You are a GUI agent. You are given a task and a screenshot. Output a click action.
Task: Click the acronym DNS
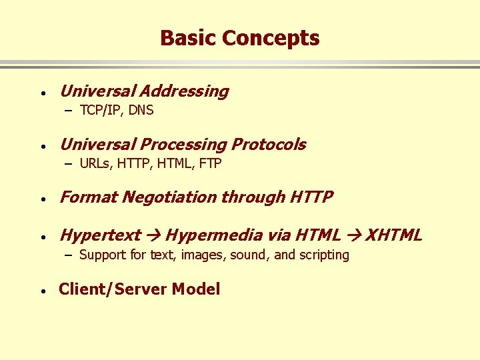tap(141, 111)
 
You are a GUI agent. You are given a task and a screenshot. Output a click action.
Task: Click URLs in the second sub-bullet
tap(96, 164)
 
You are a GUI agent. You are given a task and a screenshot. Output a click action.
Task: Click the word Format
tap(82, 197)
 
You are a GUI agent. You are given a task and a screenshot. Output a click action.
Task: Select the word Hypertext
tap(100, 235)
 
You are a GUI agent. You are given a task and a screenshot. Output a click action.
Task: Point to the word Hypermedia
tap(214, 235)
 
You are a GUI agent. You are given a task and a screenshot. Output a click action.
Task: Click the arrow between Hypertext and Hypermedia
tap(153, 235)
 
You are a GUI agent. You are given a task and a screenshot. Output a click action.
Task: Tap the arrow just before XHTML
tap(354, 235)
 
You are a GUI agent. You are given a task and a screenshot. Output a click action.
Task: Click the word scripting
tap(324, 255)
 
